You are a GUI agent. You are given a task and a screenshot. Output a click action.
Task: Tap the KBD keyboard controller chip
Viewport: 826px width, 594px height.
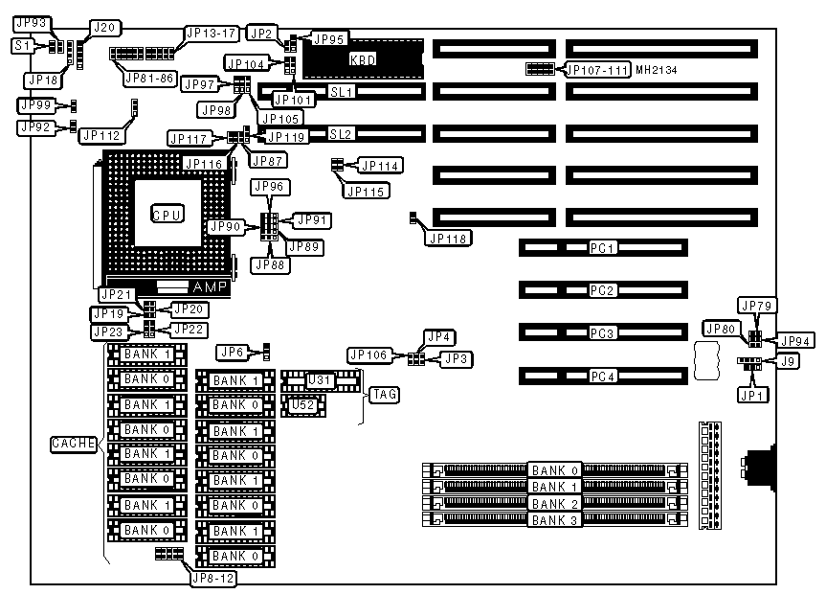363,59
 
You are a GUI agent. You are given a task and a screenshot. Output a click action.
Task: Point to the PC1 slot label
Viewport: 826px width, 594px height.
602,247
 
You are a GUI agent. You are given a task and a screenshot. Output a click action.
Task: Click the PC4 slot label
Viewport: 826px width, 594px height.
602,376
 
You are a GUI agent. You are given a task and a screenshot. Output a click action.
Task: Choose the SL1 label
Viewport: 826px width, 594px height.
343,92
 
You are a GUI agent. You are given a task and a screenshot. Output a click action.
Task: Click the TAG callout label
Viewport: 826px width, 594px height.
384,394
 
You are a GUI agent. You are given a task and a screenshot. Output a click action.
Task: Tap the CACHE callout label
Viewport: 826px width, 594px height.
73,444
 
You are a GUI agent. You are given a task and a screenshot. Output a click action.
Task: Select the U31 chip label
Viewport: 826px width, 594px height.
319,380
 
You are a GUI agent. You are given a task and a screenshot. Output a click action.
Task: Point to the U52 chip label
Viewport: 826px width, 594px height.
303,404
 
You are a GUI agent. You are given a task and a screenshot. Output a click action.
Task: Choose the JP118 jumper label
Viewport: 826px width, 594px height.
449,237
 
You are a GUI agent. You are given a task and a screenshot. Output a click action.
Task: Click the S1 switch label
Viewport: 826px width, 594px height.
23,45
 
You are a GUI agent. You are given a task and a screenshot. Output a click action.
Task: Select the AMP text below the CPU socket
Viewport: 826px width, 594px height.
210,287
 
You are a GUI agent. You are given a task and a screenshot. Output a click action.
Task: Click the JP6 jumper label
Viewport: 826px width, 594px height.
233,352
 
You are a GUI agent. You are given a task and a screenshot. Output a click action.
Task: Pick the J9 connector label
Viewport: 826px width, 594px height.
788,361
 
